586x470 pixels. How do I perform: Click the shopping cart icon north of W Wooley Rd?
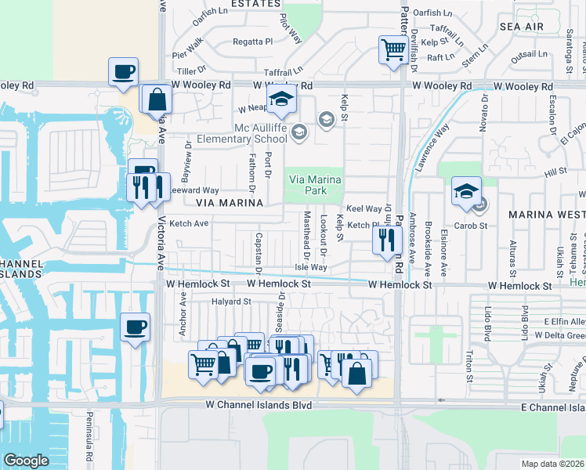(393, 49)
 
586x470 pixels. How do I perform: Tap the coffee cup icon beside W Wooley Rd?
(123, 73)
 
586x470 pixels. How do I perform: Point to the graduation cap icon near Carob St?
(466, 190)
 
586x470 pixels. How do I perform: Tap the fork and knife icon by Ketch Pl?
(385, 240)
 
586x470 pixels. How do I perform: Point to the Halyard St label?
(230, 301)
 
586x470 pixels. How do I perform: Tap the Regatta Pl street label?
(252, 42)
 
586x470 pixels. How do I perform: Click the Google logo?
(26, 461)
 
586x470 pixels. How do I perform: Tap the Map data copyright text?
(553, 464)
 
